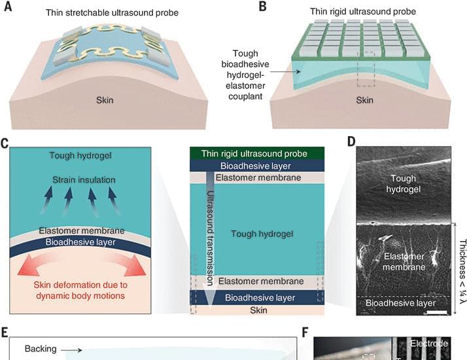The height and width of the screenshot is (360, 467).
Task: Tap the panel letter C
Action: [x=5, y=143]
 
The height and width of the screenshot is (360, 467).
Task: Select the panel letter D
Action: [x=351, y=141]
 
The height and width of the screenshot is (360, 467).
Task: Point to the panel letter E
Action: [x=5, y=332]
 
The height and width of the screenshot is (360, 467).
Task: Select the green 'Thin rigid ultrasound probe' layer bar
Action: [x=257, y=153]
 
